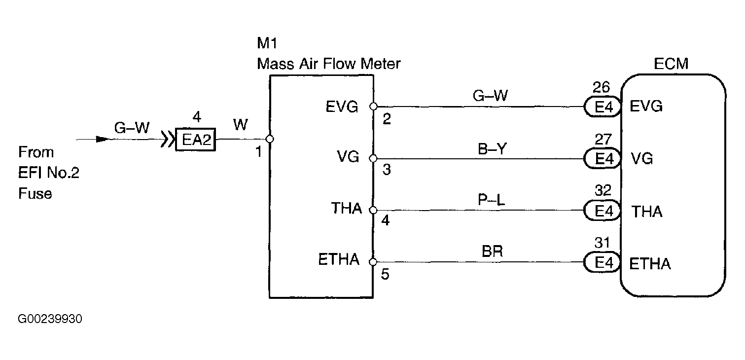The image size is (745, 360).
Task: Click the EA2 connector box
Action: coord(196,140)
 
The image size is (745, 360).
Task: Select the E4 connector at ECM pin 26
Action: coord(603,107)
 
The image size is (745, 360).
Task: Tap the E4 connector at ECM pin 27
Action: coord(603,159)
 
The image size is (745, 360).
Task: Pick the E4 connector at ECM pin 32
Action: coord(603,211)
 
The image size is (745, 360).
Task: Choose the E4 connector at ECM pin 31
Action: coord(603,262)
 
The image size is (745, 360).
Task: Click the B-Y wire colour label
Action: coord(492,149)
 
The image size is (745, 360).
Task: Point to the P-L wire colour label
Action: coord(491,200)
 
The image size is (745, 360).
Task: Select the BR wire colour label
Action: coord(492,251)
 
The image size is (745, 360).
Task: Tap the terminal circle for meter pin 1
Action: coord(270,139)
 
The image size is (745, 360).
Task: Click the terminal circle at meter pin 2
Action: coord(374,107)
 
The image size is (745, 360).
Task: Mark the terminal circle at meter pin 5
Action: coord(373,262)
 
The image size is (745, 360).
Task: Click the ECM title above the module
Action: coord(671,64)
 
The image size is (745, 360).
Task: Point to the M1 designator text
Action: coord(267,43)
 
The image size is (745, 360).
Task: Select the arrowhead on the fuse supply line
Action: coord(103,139)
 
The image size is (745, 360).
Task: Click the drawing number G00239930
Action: coord(50,319)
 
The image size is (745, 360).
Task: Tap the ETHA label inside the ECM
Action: coord(650,264)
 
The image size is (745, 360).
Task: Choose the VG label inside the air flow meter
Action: coord(348,157)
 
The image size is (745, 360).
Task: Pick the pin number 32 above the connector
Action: coord(603,191)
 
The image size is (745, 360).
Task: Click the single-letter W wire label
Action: coord(241,125)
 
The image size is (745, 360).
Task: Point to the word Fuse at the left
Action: coord(35,193)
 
